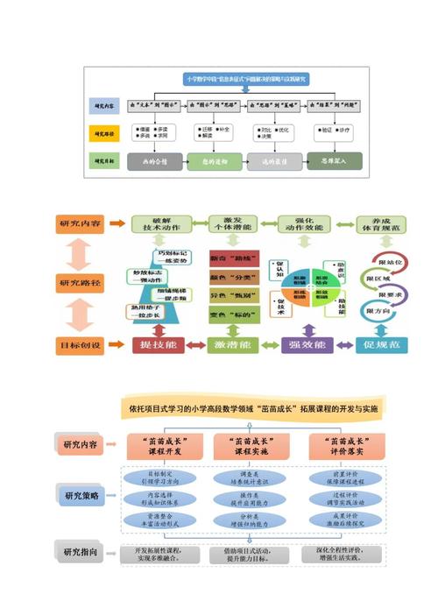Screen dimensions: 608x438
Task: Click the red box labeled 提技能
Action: pos(158,346)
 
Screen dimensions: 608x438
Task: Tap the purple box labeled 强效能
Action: pos(307,346)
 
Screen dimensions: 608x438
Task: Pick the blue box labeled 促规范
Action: pos(383,346)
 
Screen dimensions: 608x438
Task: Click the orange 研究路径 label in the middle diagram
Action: pos(81,283)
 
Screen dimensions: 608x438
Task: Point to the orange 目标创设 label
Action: pos(81,345)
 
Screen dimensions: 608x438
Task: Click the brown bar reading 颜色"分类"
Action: pos(232,276)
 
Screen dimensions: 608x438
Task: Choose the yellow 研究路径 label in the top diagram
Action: pos(103,134)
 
